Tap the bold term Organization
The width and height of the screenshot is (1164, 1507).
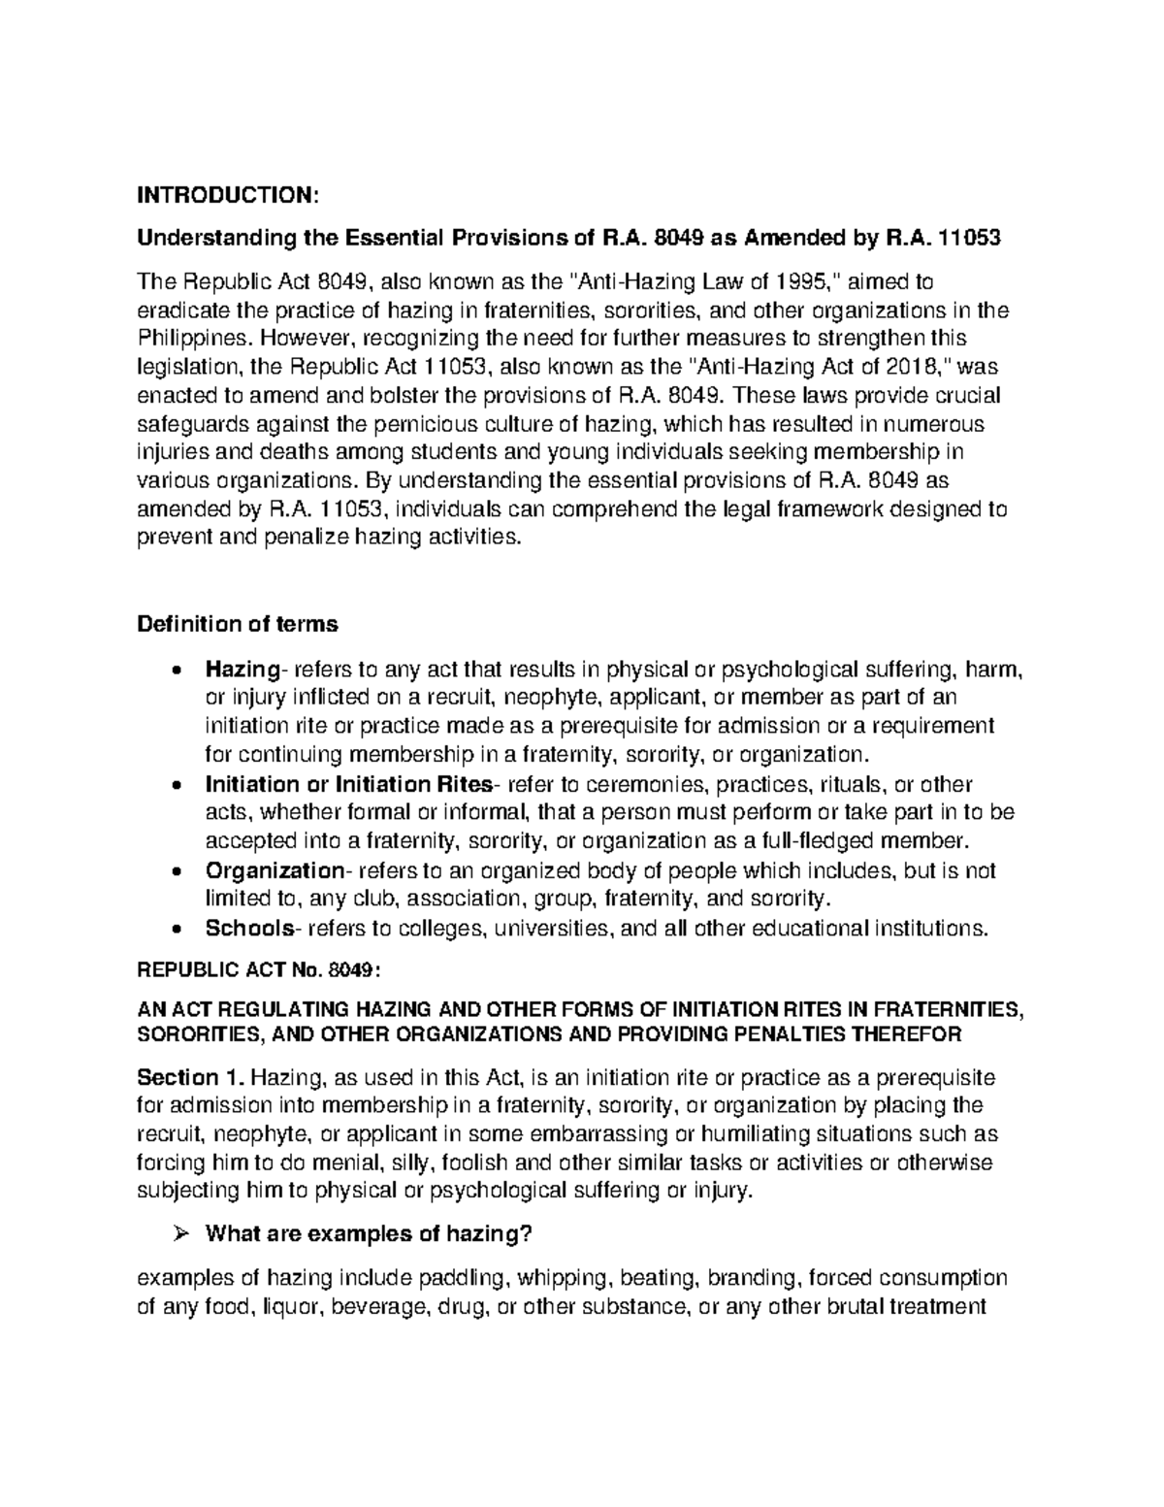point(274,870)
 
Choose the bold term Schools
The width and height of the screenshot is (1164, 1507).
point(248,929)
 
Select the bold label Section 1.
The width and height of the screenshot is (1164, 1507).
point(192,1078)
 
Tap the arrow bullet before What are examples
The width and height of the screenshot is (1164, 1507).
point(177,1234)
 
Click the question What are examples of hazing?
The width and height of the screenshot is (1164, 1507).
point(370,1234)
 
